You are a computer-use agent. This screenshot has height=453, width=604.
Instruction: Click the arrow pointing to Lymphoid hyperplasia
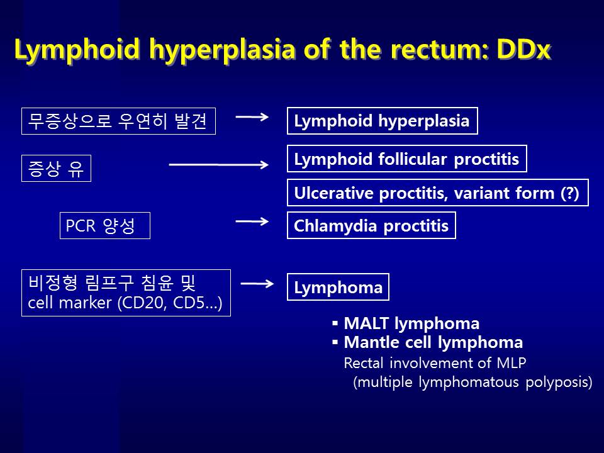(x=252, y=117)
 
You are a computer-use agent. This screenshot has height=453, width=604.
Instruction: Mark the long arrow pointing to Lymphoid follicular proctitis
(x=219, y=165)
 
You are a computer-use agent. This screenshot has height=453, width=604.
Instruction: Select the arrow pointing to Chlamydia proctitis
(x=252, y=221)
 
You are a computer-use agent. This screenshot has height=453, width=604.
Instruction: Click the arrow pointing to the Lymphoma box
(x=257, y=284)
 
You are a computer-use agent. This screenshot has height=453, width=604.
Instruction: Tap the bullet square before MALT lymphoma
(x=335, y=323)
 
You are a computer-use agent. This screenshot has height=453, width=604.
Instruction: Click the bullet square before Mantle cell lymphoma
(x=335, y=342)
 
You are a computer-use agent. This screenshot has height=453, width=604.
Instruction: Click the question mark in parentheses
(x=570, y=193)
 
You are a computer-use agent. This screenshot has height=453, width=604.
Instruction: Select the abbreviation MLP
(x=511, y=363)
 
